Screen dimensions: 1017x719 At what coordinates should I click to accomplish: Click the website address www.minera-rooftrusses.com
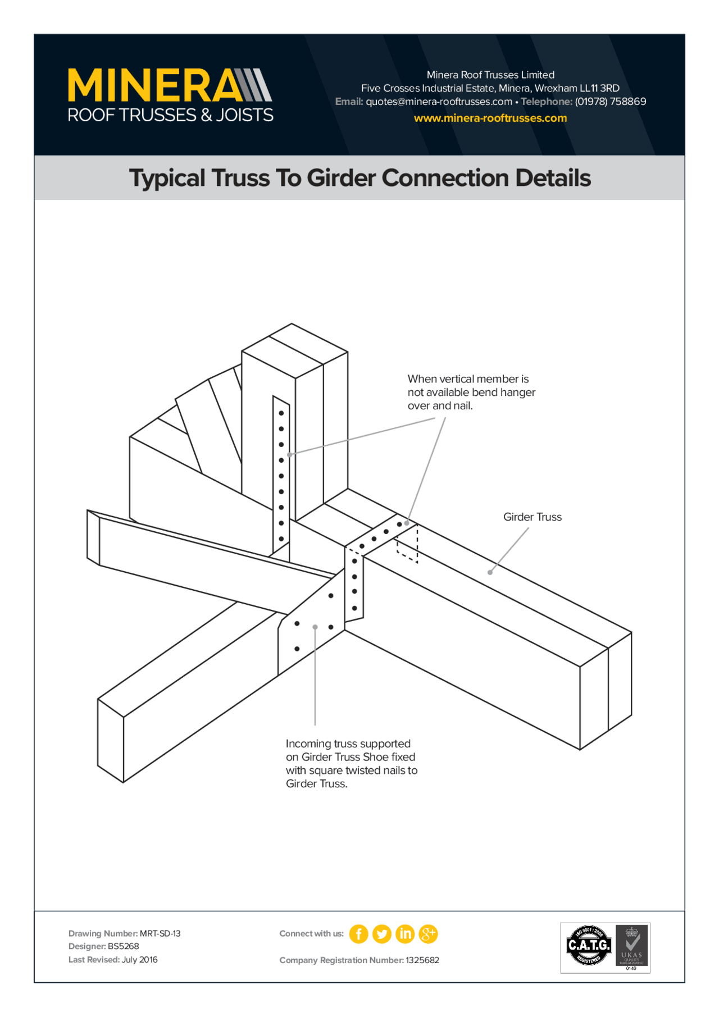point(490,118)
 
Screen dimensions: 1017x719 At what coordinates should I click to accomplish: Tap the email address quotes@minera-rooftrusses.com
point(438,102)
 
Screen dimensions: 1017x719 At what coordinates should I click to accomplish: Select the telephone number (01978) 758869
point(610,102)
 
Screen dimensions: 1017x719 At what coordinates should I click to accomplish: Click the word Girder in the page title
point(341,178)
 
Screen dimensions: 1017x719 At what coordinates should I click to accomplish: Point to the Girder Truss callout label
point(532,517)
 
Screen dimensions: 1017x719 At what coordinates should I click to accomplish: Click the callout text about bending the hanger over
point(471,392)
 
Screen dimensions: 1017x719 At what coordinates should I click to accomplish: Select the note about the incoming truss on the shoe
point(351,763)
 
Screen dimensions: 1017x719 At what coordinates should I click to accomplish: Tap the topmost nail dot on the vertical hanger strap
point(281,413)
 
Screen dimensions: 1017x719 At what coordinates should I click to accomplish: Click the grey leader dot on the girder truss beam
point(490,572)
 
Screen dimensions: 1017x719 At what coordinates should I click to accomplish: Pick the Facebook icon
point(358,934)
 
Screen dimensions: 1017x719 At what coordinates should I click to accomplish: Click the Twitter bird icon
point(382,934)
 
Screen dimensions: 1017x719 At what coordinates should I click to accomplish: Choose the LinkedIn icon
point(405,934)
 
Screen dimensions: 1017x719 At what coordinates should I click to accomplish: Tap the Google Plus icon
point(428,934)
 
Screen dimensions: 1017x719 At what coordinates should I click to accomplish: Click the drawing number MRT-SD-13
point(160,933)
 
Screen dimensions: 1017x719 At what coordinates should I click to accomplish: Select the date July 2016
point(139,959)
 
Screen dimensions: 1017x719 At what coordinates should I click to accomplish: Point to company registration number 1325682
point(422,960)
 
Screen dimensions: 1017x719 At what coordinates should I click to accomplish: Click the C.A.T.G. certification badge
point(588,946)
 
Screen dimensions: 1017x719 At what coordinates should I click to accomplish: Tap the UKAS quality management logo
point(632,947)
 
